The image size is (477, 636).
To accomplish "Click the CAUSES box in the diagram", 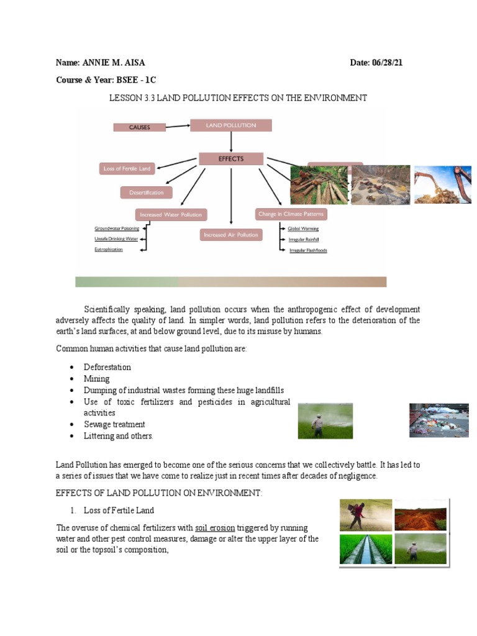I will click(x=140, y=127).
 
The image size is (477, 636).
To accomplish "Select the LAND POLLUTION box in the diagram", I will click(x=231, y=125).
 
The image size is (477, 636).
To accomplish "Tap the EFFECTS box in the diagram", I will click(x=231, y=159).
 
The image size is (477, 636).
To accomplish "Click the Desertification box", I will click(x=147, y=193).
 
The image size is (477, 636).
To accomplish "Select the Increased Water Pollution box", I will click(x=171, y=215).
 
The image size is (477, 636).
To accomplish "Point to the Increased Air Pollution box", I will click(x=231, y=235).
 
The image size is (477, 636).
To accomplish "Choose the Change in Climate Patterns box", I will click(x=291, y=214).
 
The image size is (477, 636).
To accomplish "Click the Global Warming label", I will click(x=303, y=229).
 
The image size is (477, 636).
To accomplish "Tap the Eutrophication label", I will click(x=109, y=249).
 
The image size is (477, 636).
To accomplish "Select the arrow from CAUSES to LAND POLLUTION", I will click(x=178, y=126).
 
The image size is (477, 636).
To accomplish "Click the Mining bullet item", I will click(x=97, y=379).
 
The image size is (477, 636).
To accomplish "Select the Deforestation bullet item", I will click(x=107, y=367).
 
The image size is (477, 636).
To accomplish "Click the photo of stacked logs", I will click(x=320, y=185).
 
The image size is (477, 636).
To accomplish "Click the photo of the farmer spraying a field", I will click(x=325, y=421).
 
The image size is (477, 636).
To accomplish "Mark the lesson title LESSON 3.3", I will click(x=238, y=98).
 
